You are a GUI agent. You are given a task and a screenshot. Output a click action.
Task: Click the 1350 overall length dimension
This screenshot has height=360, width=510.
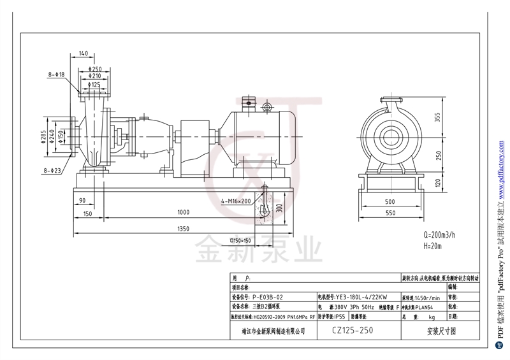tap(184, 227)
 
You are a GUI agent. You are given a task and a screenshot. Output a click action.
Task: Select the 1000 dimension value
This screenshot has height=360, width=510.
tap(184, 212)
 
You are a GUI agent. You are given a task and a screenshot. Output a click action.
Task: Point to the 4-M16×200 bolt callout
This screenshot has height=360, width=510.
tap(235, 201)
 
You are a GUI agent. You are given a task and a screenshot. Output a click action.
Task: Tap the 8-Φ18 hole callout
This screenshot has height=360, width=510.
tap(57, 75)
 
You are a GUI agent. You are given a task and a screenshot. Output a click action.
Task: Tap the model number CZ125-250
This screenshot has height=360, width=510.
tap(353, 331)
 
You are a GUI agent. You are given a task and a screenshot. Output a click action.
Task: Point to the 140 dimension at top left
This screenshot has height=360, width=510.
tap(84, 53)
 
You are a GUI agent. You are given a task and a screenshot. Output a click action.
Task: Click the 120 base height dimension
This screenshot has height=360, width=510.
tap(437, 183)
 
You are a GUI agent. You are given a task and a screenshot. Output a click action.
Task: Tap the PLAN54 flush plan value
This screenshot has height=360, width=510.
tap(423, 306)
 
